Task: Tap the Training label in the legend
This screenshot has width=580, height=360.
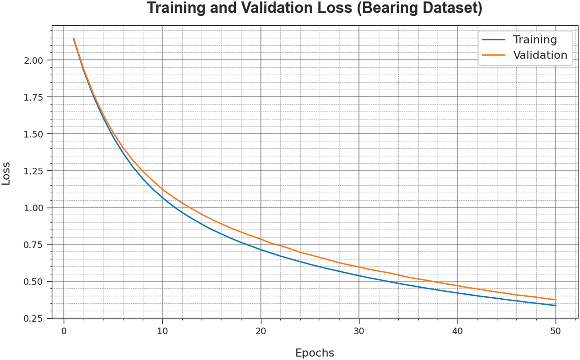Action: (535, 40)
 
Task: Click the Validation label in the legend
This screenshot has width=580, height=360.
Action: (540, 55)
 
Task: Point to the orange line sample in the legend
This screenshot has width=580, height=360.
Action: (494, 55)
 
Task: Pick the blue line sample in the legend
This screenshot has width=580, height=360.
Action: (494, 40)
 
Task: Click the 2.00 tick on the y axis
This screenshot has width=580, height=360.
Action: (33, 60)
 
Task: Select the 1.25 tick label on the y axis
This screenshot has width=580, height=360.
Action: (33, 171)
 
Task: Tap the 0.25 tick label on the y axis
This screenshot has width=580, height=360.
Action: (33, 318)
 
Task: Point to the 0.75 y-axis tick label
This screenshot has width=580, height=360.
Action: (33, 245)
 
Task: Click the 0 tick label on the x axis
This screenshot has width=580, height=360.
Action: (64, 331)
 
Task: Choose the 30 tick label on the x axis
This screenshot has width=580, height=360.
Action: (359, 331)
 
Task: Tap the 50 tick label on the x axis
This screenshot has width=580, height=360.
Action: (556, 331)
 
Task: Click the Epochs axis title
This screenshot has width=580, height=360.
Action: (315, 353)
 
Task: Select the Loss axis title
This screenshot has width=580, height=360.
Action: (6, 173)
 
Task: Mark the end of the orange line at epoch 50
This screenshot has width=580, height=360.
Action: (556, 300)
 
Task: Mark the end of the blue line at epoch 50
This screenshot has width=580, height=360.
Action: (556, 305)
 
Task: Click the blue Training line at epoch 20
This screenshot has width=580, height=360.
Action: (261, 249)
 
